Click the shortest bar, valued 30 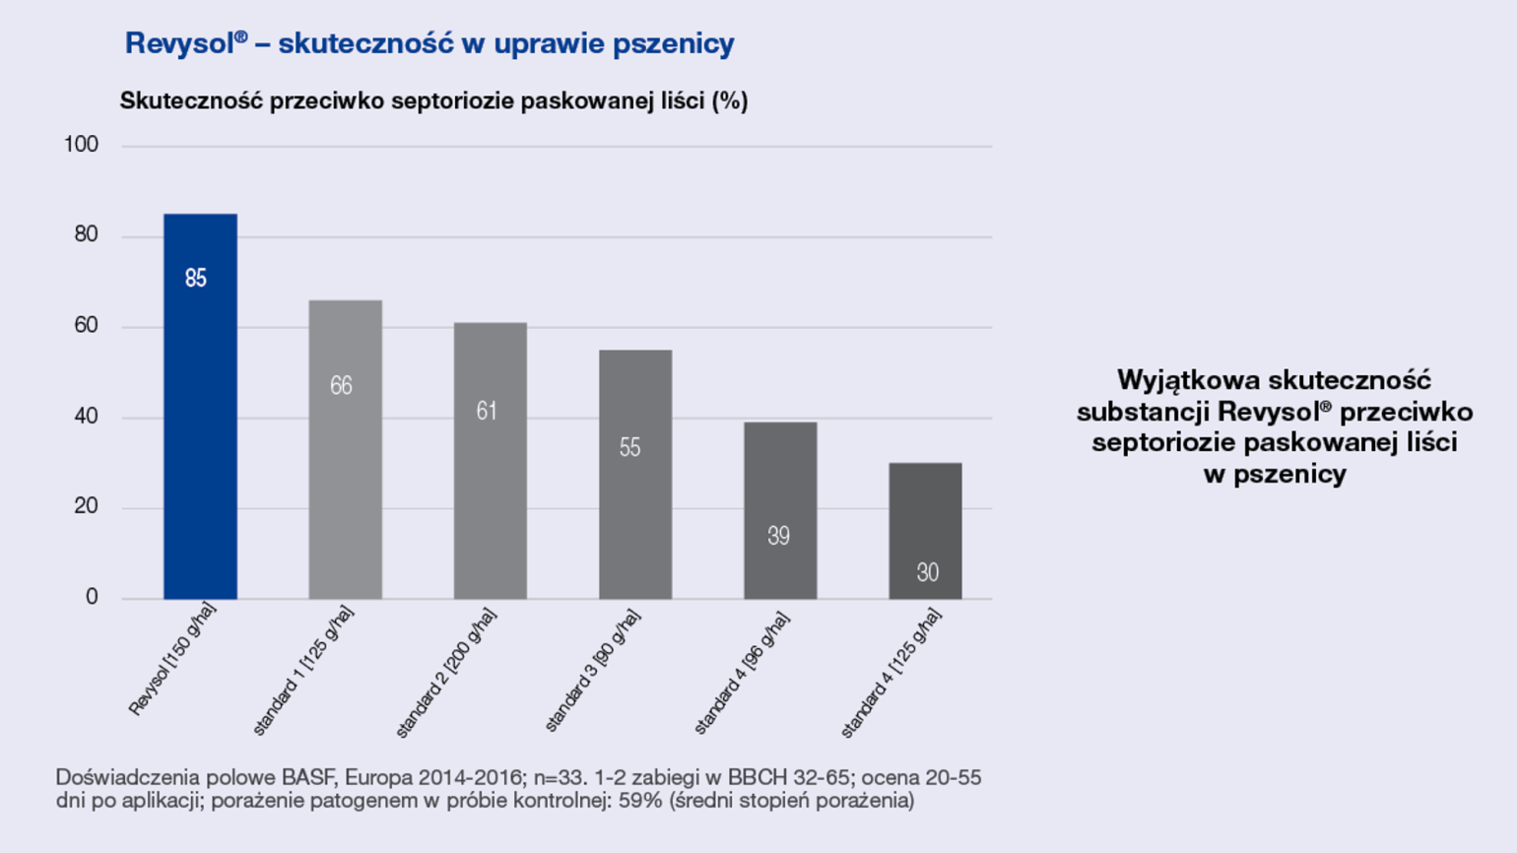tap(925, 531)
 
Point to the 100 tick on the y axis tap(81, 145)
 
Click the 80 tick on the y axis tap(86, 234)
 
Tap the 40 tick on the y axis tap(86, 416)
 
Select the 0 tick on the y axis tap(92, 597)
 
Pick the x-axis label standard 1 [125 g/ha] tap(302, 672)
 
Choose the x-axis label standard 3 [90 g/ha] tap(592, 672)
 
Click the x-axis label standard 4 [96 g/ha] tap(741, 673)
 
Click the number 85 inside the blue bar tap(196, 279)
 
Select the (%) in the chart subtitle tap(730, 100)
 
